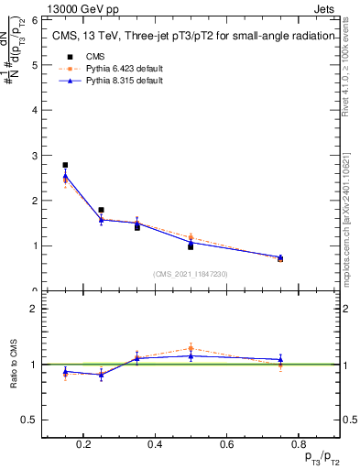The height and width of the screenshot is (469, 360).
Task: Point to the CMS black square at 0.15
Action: click(x=65, y=165)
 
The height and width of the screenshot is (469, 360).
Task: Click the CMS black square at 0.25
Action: click(x=101, y=210)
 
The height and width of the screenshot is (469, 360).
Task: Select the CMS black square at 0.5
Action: click(x=191, y=246)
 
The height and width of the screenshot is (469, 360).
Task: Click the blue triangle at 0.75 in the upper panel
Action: click(x=280, y=257)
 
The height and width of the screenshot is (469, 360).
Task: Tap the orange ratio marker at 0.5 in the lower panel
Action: click(x=191, y=348)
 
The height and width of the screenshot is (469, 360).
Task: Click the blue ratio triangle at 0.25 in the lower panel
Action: click(x=101, y=375)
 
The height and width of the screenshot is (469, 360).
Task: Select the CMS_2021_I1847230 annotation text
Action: click(x=191, y=274)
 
